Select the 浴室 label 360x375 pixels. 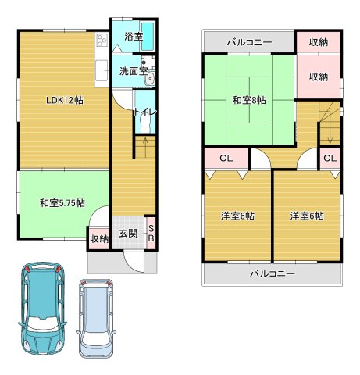click(133, 37)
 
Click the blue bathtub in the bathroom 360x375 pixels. click(151, 36)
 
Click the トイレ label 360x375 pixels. click(145, 112)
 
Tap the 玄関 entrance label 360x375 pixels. click(128, 233)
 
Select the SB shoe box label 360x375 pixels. click(151, 233)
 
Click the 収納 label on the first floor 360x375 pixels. click(98, 239)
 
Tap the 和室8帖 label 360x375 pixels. click(248, 100)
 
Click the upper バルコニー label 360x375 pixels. click(249, 41)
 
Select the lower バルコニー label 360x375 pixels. click(273, 273)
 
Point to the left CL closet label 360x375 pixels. click(225, 159)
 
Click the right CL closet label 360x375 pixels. click(329, 159)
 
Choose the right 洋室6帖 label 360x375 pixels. click(307, 216)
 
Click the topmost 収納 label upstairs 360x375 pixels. click(317, 41)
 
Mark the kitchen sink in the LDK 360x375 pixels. click(102, 73)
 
